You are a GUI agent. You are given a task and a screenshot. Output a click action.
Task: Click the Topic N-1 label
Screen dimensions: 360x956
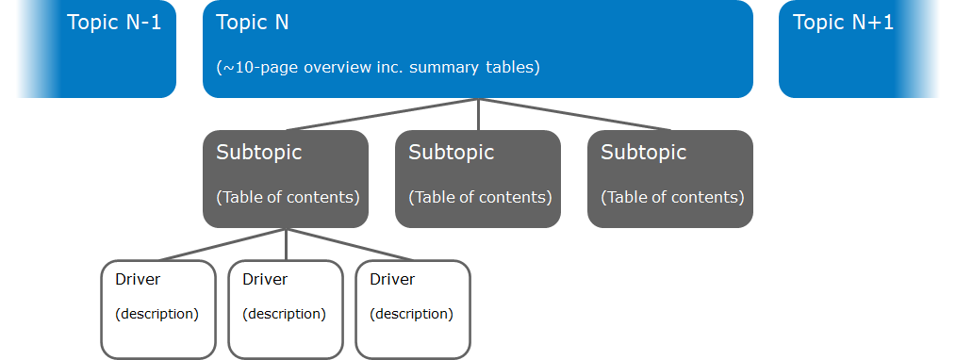pyautogui.click(x=114, y=23)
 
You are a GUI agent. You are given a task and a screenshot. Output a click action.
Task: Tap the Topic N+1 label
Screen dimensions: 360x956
pyautogui.click(x=843, y=23)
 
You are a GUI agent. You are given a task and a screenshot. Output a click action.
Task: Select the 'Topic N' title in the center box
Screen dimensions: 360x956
pyautogui.click(x=253, y=23)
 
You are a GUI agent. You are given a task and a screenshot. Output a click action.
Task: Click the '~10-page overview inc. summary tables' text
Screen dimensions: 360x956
pyautogui.click(x=378, y=68)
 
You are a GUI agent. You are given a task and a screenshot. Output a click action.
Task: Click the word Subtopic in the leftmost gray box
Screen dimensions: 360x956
pyautogui.click(x=259, y=152)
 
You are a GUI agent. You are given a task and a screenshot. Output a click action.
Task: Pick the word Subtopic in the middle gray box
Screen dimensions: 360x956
pyautogui.click(x=452, y=152)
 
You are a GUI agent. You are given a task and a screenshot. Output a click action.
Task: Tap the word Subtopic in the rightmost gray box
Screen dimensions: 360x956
pyautogui.click(x=644, y=152)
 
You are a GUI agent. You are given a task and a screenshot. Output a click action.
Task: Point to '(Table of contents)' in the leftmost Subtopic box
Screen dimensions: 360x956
pyautogui.click(x=288, y=197)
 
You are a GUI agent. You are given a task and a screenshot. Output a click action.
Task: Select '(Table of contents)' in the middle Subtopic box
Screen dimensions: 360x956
pyautogui.click(x=480, y=197)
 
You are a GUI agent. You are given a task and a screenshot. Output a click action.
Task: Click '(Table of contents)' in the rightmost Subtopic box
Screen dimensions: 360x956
pyautogui.click(x=672, y=197)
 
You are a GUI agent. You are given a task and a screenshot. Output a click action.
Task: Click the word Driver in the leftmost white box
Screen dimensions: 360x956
pyautogui.click(x=138, y=279)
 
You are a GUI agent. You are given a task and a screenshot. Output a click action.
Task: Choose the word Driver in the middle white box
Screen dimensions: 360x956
pyautogui.click(x=265, y=279)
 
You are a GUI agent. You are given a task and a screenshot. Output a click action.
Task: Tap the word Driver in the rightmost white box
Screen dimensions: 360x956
pyautogui.click(x=392, y=279)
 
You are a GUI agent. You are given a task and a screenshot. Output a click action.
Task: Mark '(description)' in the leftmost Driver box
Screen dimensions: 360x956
pyautogui.click(x=157, y=314)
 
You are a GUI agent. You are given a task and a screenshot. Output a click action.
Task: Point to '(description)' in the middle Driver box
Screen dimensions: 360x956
pyautogui.click(x=284, y=314)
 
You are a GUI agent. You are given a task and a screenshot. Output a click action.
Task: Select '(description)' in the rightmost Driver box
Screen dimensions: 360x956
pyautogui.click(x=411, y=314)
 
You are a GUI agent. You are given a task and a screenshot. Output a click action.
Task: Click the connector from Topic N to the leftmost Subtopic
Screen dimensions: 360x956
pyautogui.click(x=382, y=114)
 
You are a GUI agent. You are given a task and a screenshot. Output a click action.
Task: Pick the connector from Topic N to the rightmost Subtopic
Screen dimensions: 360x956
pyautogui.click(x=575, y=114)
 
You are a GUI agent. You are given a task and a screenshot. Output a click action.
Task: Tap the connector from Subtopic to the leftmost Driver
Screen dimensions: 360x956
pyautogui.click(x=222, y=244)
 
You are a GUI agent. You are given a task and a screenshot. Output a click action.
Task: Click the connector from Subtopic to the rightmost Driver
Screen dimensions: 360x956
pyautogui.click(x=350, y=244)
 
